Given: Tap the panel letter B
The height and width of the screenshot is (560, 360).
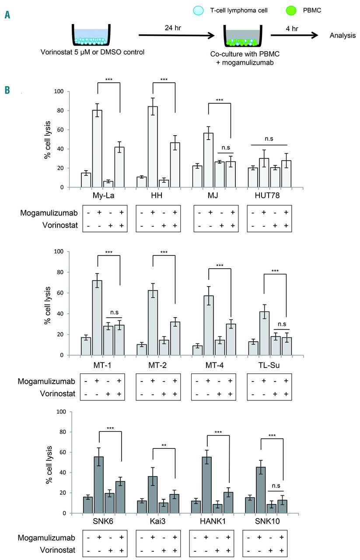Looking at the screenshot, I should click(7, 91).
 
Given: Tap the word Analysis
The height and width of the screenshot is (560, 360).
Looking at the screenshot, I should click(343, 35).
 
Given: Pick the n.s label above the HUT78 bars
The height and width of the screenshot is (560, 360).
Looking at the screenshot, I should click(269, 140).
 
